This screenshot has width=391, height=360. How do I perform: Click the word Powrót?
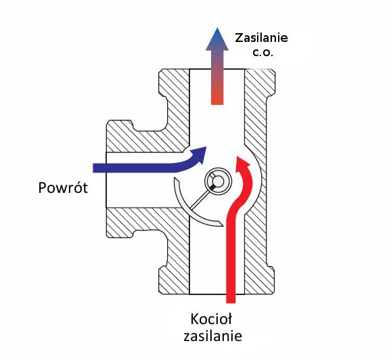tap(63, 187)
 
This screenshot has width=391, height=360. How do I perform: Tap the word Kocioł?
tap(211, 319)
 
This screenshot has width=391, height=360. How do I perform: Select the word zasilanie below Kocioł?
tap(212, 336)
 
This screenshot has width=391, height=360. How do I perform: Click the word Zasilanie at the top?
tap(261, 38)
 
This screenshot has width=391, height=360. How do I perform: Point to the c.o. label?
tap(263, 53)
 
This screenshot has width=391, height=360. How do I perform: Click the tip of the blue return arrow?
tap(206, 147)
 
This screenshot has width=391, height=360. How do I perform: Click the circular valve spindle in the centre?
tap(218, 181)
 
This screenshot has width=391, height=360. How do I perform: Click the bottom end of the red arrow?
tap(231, 302)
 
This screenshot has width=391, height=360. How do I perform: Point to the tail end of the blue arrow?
tap(94, 168)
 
